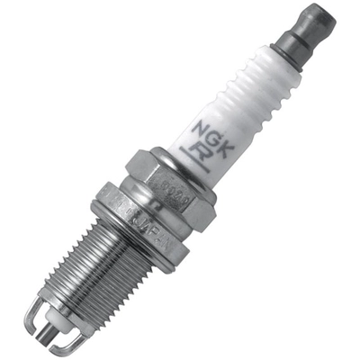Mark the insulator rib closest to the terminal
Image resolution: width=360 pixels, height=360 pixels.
coord(271,68)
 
